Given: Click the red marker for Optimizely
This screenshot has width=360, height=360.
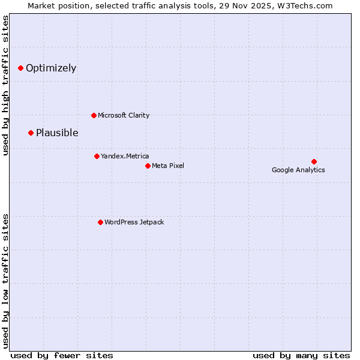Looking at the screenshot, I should click(20, 68).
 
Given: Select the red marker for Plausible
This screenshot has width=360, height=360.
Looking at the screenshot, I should click(31, 133).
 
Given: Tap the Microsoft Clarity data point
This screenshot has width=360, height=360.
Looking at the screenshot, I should click(94, 115).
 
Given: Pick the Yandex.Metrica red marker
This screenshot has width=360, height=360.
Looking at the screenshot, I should click(97, 156).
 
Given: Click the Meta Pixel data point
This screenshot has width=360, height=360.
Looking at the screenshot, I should click(148, 166).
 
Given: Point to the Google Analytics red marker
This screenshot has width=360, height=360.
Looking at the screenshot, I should click(314, 161).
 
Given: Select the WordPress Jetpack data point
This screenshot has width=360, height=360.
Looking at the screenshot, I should click(100, 222).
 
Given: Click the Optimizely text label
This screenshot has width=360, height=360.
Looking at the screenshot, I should click(51, 68).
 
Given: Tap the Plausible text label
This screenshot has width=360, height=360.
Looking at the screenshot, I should click(57, 133).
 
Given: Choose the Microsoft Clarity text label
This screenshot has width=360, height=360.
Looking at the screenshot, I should click(124, 115).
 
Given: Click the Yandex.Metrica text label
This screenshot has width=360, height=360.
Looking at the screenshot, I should click(125, 156).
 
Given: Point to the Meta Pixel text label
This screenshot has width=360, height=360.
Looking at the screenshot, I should click(168, 166).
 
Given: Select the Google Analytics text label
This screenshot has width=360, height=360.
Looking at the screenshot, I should click(298, 170).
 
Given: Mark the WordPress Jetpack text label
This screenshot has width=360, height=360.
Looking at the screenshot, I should click(134, 222).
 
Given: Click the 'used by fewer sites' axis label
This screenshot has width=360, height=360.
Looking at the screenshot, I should click(62, 355).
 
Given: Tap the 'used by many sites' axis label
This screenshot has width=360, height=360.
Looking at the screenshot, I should click(301, 355).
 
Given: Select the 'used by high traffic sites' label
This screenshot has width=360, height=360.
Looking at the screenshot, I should click(5, 85).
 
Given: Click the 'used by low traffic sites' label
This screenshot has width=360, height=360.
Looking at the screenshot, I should click(5, 280).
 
